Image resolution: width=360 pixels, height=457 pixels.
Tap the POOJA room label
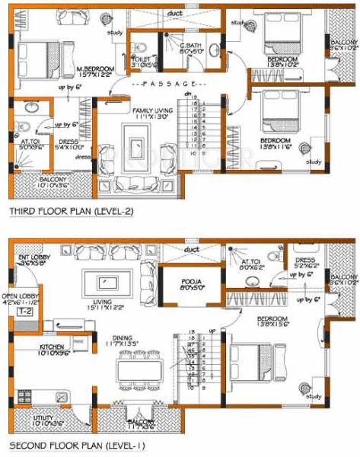(190, 285)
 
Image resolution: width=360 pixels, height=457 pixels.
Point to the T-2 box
(24, 312)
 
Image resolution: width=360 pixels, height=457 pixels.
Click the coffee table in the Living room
(104, 281)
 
